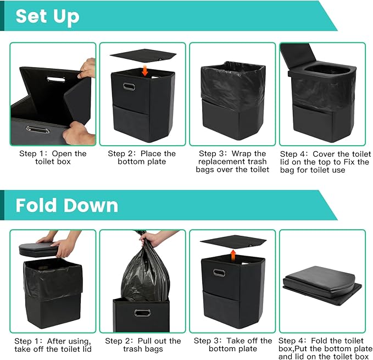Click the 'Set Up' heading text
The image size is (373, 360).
(x=48, y=16)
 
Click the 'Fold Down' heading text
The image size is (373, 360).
(x=67, y=205)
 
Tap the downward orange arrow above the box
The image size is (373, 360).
(x=144, y=71)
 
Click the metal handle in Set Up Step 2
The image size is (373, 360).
(x=129, y=87)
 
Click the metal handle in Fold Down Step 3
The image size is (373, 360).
(x=219, y=273)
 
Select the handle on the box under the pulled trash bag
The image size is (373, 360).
(x=142, y=313)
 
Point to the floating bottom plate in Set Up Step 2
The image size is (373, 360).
(x=143, y=55)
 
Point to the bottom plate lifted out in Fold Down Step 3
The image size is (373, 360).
(x=233, y=241)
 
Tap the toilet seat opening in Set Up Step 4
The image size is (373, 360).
(x=327, y=69)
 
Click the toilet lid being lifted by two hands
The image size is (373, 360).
(x=39, y=250)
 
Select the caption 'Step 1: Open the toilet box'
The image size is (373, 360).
(x=53, y=158)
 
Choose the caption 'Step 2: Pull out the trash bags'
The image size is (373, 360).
(x=143, y=345)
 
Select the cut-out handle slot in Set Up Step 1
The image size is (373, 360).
(x=56, y=79)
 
